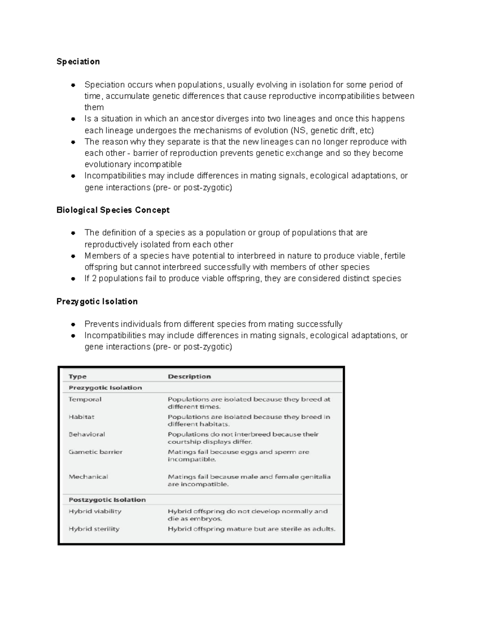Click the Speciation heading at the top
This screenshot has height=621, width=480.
tap(78, 62)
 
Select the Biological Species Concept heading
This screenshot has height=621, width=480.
tap(113, 210)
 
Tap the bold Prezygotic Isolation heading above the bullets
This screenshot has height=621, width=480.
tap(97, 302)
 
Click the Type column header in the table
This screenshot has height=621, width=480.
tap(78, 376)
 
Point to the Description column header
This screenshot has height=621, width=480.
tap(189, 376)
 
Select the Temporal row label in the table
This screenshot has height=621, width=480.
tap(85, 399)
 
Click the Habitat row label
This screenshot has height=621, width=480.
tap(82, 417)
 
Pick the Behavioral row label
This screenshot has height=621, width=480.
tap(87, 434)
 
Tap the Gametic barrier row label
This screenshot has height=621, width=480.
tap(96, 452)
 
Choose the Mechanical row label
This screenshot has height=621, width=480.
tap(88, 477)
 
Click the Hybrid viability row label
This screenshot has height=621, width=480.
tap(95, 511)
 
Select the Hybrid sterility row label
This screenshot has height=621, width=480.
tap(94, 529)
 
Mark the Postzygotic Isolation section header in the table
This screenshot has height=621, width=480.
tap(107, 500)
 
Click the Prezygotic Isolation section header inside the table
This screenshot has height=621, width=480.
tap(105, 387)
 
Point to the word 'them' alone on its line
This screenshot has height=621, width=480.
tap(94, 108)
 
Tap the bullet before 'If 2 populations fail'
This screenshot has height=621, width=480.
tap(73, 279)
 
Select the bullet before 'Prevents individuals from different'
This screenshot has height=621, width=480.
tap(73, 324)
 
